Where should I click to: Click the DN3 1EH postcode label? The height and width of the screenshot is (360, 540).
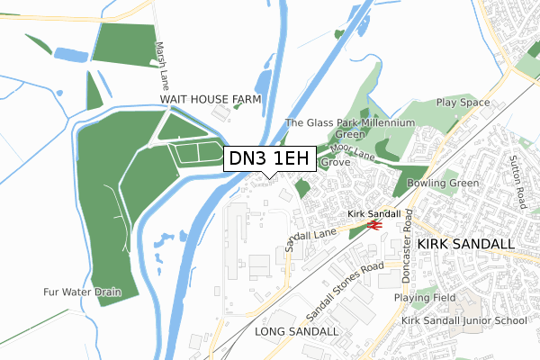click(x=269, y=159)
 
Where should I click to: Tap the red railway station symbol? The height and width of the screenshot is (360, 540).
click(x=374, y=226)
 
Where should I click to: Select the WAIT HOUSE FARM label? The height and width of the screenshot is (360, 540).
click(x=211, y=99)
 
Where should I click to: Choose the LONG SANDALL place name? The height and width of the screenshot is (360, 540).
click(x=296, y=331)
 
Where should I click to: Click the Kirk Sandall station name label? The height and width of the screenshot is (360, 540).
click(x=373, y=213)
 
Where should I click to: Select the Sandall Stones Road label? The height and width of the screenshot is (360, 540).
click(x=345, y=286)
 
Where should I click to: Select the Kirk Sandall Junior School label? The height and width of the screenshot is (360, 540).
click(x=463, y=320)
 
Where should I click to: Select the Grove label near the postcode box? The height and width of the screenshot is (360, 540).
click(x=335, y=163)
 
